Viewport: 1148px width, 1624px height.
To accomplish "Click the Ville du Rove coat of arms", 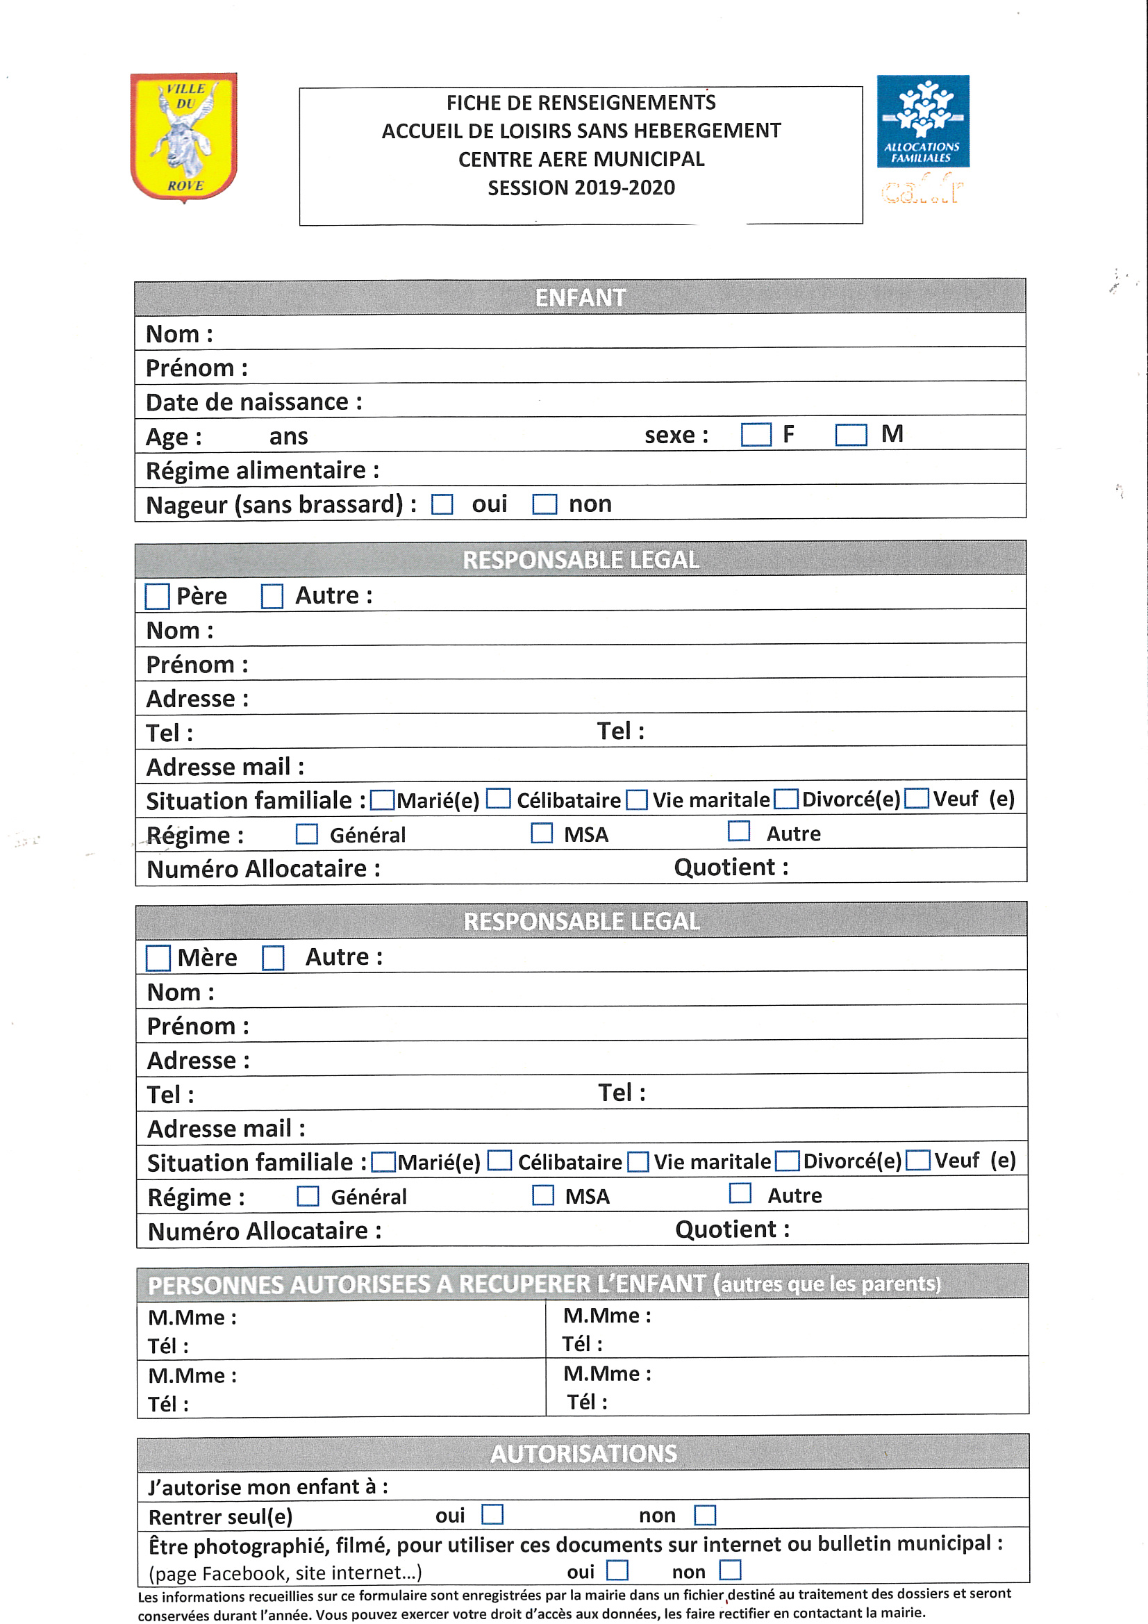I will click(x=183, y=137).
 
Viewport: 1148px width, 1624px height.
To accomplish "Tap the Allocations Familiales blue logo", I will click(x=922, y=121).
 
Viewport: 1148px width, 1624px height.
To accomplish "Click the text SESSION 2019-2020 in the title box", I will click(x=581, y=188).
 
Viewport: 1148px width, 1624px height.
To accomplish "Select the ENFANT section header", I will click(x=580, y=298).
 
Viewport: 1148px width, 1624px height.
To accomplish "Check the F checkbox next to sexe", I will click(x=756, y=435).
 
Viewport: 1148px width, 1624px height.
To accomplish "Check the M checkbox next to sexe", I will click(x=850, y=435).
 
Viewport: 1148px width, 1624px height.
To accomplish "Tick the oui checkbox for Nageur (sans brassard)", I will click(x=442, y=504).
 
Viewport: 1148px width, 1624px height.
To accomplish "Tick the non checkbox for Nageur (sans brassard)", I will click(x=544, y=504).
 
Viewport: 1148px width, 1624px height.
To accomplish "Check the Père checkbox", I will click(x=157, y=596).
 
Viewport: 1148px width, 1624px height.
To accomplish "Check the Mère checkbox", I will click(x=158, y=959).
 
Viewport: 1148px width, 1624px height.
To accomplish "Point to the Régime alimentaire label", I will click(x=263, y=471).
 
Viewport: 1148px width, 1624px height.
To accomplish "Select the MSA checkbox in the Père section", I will click(x=542, y=834).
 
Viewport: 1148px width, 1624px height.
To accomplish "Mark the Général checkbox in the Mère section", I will click(x=308, y=1196).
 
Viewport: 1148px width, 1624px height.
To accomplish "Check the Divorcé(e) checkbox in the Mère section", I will click(x=787, y=1161).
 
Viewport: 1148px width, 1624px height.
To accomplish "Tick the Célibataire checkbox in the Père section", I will click(x=499, y=799).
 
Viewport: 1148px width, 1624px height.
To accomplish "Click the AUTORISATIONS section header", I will click(x=583, y=1453).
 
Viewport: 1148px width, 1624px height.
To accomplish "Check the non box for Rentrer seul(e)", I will click(x=704, y=1516).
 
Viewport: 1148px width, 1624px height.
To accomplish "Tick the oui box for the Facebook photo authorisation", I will click(x=617, y=1571).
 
